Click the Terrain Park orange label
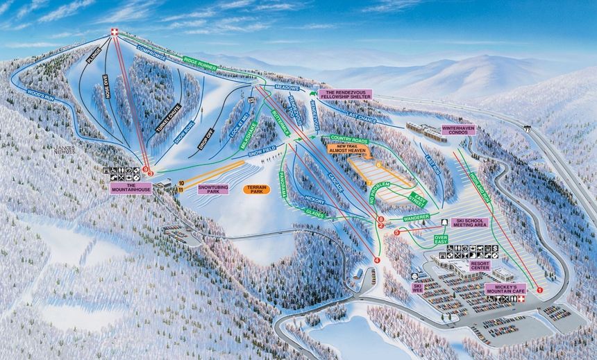click(256, 189)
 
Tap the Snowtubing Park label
click(213, 188)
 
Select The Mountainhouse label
click(131, 187)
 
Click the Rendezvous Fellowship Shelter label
click(345, 94)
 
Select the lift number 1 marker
click(539, 290)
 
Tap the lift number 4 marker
click(378, 259)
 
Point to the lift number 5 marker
click(396, 232)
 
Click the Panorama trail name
click(283, 184)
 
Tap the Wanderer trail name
click(417, 218)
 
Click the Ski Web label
click(418, 286)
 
